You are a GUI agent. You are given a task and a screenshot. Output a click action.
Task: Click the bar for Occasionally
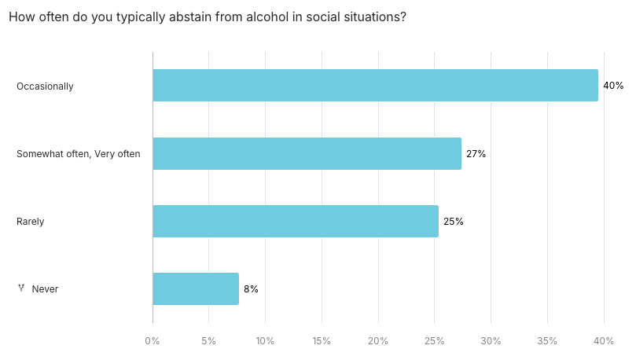(375, 86)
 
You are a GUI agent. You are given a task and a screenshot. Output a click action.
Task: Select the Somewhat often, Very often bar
(307, 154)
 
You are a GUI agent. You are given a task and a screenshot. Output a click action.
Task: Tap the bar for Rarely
(296, 222)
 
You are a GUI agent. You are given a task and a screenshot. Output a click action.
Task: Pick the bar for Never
(196, 289)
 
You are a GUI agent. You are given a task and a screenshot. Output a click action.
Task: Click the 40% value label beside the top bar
(613, 86)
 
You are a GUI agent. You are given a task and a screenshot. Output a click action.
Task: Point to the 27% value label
(476, 154)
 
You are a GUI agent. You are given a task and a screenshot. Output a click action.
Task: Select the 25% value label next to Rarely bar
(454, 222)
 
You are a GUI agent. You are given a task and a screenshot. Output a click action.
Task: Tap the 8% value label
(251, 289)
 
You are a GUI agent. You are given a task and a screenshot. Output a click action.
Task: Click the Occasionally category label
(45, 86)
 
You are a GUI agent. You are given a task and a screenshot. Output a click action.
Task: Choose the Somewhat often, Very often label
(79, 154)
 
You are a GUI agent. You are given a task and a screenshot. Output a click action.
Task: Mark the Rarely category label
(31, 222)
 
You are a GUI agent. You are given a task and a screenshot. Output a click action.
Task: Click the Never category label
(45, 289)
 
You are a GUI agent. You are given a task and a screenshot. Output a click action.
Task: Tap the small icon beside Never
(21, 288)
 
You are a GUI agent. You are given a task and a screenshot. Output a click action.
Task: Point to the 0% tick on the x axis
(153, 341)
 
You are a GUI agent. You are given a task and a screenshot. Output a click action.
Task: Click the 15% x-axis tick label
(322, 341)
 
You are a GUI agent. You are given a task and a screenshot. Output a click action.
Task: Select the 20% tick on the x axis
(378, 341)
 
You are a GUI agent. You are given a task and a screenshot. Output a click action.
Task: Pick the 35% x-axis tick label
(547, 341)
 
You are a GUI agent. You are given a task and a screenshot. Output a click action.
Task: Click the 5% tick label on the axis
(208, 341)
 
